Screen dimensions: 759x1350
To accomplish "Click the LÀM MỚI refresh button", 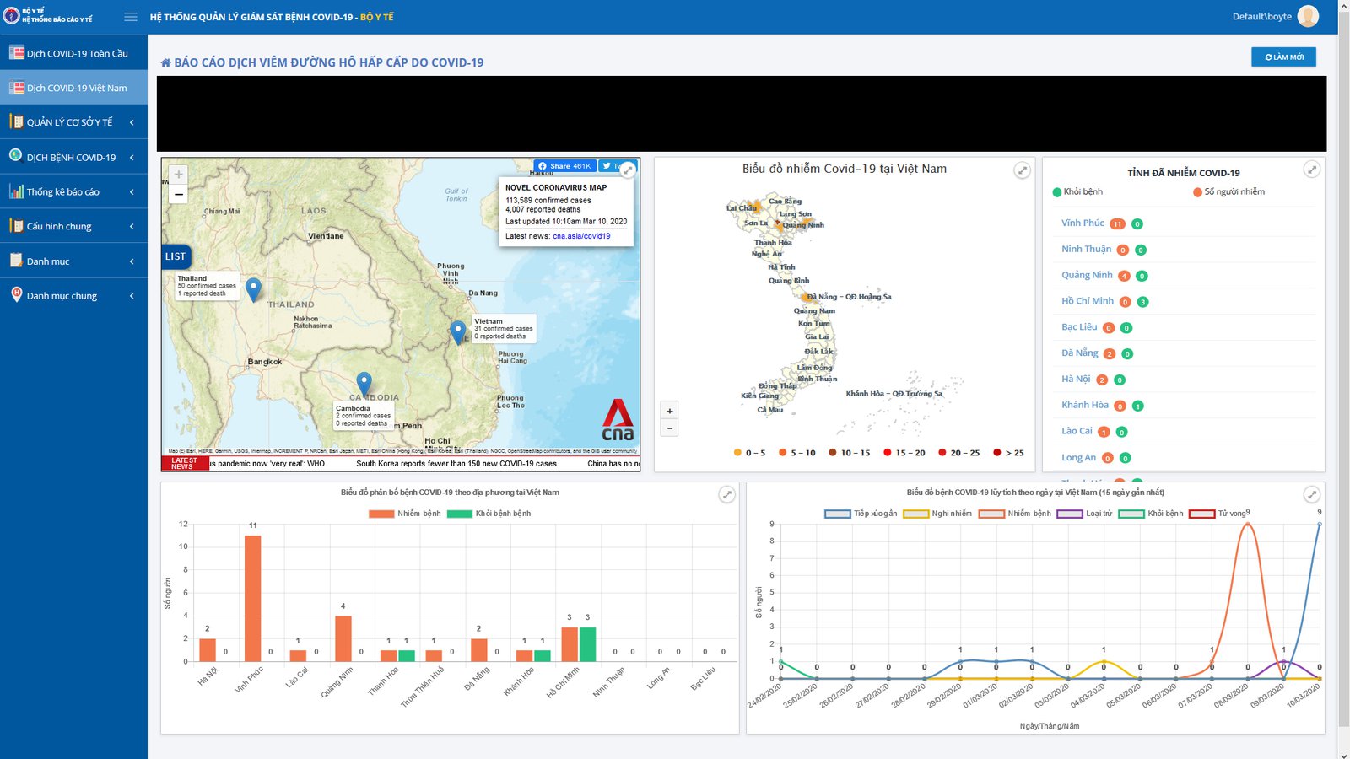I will coord(1283,57).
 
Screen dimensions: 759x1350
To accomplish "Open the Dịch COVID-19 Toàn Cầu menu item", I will coord(77,53).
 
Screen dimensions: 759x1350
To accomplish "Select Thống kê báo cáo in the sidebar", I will coord(63,191).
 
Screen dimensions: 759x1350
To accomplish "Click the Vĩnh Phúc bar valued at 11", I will coord(252,598).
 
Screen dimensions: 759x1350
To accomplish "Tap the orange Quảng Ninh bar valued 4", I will coord(343,638).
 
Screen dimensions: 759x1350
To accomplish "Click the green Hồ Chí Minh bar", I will coord(587,644).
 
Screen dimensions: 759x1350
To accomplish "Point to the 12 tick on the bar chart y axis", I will coord(183,524).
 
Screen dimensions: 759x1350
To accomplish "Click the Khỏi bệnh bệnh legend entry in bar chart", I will coord(492,514).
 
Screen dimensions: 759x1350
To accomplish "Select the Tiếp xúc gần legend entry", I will coord(861,514).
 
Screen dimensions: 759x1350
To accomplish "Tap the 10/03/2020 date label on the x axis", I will coord(1303,697).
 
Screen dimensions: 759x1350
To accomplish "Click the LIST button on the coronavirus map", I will coord(175,256).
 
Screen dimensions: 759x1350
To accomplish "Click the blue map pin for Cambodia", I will coord(364,383).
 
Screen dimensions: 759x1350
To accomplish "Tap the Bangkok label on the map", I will coord(265,362).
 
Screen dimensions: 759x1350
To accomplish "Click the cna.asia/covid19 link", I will coord(581,236).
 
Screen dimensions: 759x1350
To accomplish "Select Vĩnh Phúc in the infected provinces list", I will coord(1083,223).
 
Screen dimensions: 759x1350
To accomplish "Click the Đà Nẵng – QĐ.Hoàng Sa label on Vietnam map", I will coord(848,297).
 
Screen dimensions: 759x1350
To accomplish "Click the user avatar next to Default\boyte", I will coord(1308,16).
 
